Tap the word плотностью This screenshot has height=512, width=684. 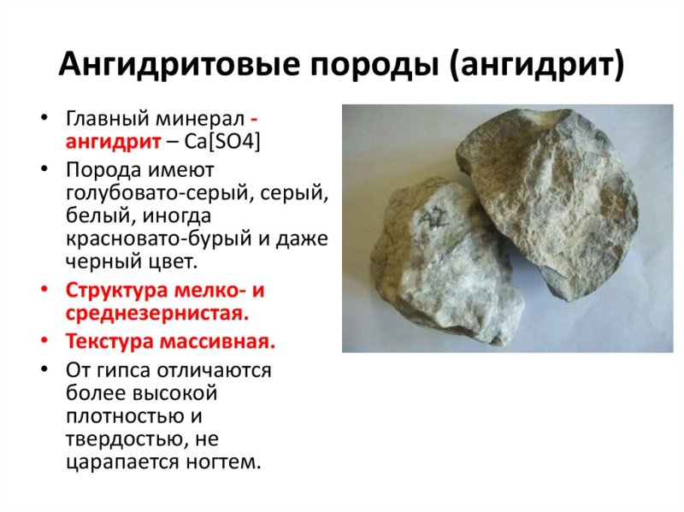119,418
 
